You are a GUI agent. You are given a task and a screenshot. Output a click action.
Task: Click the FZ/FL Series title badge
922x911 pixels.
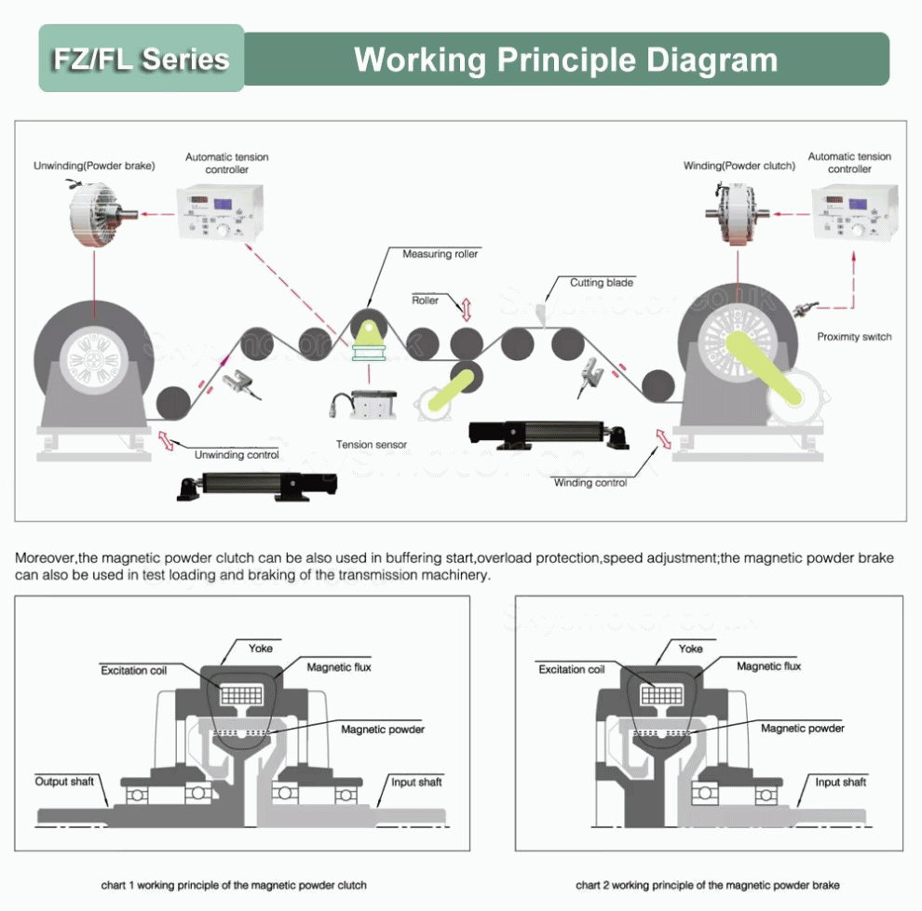141,59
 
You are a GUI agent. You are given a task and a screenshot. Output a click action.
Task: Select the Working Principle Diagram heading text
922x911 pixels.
565,60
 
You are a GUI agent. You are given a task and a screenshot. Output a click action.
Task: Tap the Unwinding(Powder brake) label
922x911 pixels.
94,166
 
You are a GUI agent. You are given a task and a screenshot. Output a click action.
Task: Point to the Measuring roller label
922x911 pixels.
441,254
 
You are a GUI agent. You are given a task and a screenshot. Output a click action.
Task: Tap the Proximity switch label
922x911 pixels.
853,337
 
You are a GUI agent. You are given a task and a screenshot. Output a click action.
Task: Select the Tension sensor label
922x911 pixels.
372,445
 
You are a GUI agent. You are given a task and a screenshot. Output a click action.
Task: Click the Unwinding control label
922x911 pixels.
236,455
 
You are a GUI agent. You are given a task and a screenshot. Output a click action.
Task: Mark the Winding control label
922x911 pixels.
590,483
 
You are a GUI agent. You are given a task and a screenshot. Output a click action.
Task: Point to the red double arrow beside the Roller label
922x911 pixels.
466,306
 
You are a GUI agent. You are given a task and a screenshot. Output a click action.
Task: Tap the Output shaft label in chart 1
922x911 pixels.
64,781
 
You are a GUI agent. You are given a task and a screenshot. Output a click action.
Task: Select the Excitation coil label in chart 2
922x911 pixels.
571,669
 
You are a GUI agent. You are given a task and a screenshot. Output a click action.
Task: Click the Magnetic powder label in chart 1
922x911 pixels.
382,730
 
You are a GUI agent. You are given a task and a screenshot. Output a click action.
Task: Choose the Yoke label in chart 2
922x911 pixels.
690,649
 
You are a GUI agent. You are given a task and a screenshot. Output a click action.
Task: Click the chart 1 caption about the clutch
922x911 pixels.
234,885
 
